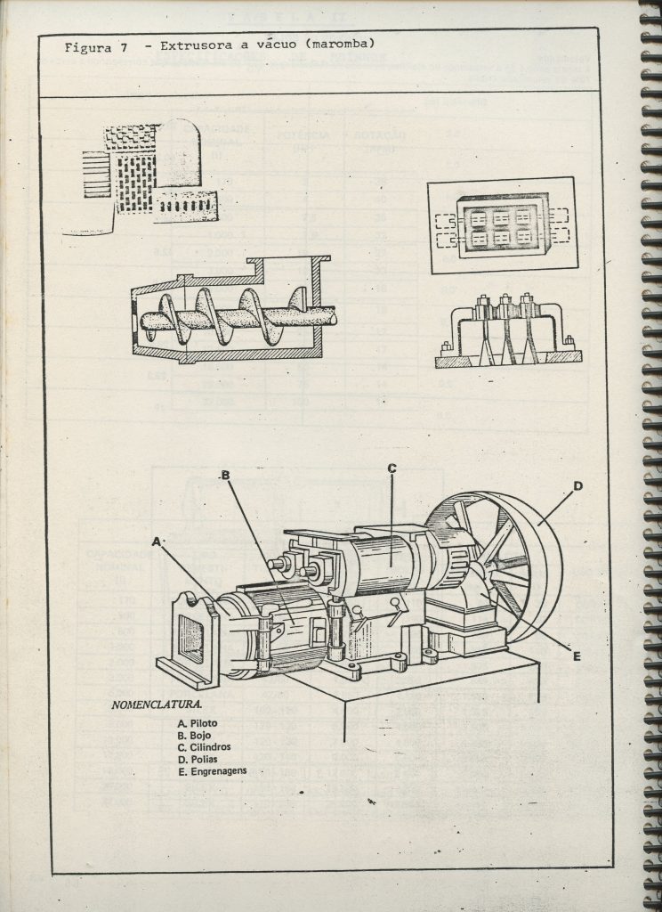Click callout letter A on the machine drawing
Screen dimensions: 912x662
pyautogui.click(x=157, y=541)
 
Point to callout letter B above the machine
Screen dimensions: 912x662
pyautogui.click(x=225, y=475)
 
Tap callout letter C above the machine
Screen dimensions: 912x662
pyautogui.click(x=391, y=468)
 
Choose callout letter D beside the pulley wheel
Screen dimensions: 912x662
pyautogui.click(x=577, y=485)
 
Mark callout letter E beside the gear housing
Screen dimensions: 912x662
pyautogui.click(x=577, y=656)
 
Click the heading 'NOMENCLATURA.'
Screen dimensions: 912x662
pyautogui.click(x=149, y=705)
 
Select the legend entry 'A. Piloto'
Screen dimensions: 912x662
pyautogui.click(x=197, y=723)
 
